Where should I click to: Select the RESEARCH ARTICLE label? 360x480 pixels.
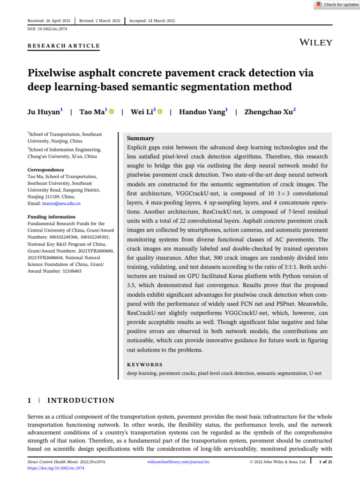click(64, 45)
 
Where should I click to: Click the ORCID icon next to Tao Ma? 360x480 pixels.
click(112, 112)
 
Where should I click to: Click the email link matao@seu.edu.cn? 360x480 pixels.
click(65, 203)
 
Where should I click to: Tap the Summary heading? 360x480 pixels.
click(141, 138)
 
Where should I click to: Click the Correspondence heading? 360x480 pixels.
click(45, 170)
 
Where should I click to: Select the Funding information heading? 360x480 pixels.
click(51, 217)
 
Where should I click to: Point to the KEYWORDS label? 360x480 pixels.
click(145, 364)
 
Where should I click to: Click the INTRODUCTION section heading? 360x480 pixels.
click(81, 400)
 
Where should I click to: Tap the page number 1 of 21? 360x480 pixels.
click(325, 462)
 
